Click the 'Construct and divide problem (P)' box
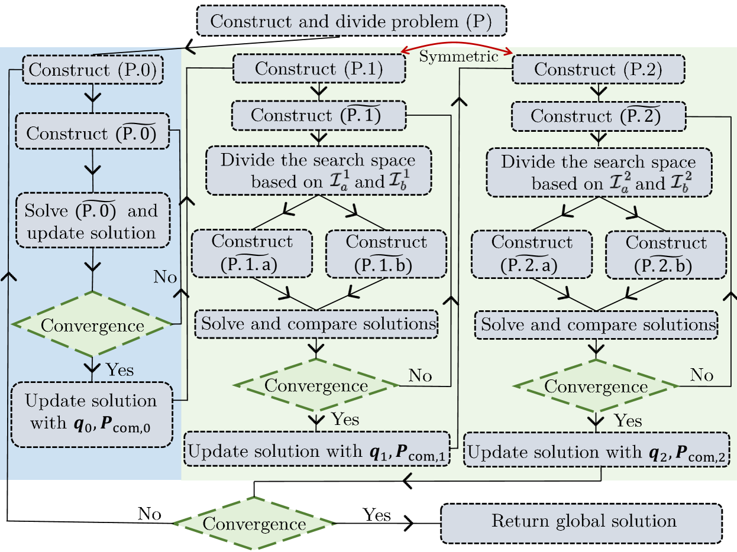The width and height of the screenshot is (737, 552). [x=351, y=21]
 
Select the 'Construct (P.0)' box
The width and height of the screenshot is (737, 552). [x=92, y=70]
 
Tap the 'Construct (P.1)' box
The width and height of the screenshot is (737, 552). [x=319, y=69]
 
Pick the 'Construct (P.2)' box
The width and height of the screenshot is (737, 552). [x=598, y=69]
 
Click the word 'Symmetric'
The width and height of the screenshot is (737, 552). [x=458, y=57]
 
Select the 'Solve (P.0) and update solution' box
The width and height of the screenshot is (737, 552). [x=92, y=220]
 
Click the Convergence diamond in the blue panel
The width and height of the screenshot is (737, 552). [x=92, y=324]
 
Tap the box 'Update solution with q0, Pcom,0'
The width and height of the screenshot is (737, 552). [x=92, y=414]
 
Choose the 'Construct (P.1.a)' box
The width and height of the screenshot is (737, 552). [x=252, y=254]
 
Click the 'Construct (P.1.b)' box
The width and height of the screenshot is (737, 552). [x=386, y=254]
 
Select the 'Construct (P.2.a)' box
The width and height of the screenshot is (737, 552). [x=531, y=254]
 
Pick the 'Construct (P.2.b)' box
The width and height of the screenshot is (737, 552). [x=666, y=254]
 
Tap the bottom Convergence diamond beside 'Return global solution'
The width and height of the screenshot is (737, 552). [x=254, y=523]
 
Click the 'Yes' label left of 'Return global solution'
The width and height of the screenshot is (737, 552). [x=377, y=515]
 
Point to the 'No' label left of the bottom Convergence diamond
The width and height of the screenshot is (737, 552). [x=149, y=514]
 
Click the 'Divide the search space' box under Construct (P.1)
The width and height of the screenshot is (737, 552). [x=318, y=170]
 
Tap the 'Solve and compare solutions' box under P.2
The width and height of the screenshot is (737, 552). [x=596, y=324]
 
